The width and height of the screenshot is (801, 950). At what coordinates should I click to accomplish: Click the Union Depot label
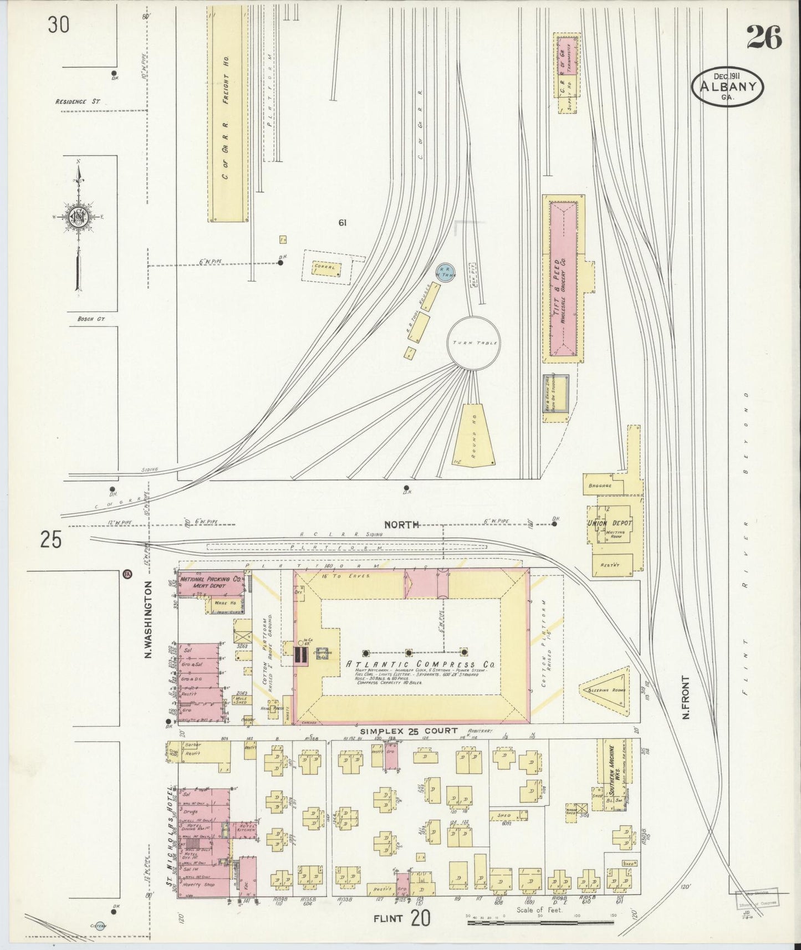[609, 523]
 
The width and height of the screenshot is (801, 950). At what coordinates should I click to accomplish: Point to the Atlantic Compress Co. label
[419, 665]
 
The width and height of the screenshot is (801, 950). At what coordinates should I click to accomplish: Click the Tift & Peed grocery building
[563, 278]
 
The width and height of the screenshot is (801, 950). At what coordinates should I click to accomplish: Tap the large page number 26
[763, 38]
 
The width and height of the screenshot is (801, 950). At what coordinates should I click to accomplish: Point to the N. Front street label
[686, 697]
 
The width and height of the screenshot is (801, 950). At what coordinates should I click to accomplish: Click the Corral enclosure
[326, 267]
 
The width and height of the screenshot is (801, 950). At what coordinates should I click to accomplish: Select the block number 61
[342, 223]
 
